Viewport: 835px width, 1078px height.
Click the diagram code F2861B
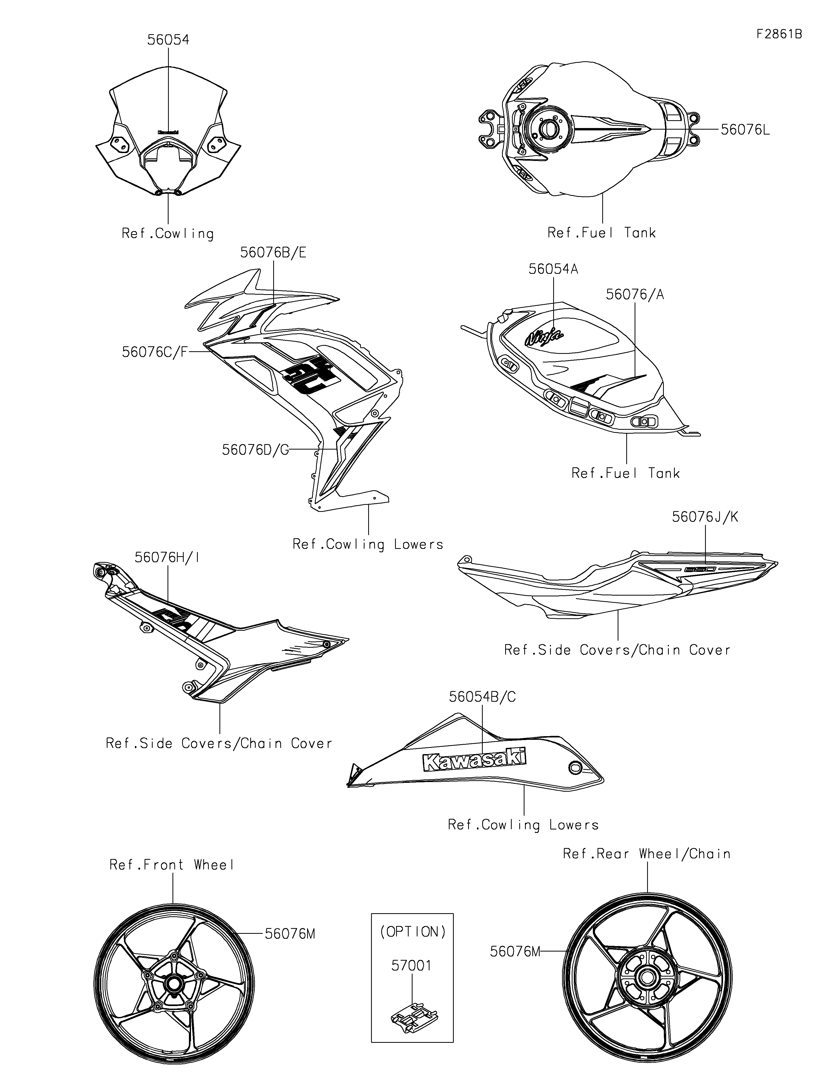[x=779, y=34]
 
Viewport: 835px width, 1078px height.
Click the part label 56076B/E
[x=273, y=253]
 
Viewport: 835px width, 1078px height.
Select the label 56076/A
[x=635, y=295]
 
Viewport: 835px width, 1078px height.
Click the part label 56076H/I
[x=168, y=557]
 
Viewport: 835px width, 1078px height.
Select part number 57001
[x=411, y=965]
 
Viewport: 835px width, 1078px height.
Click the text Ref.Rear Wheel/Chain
[x=646, y=853]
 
